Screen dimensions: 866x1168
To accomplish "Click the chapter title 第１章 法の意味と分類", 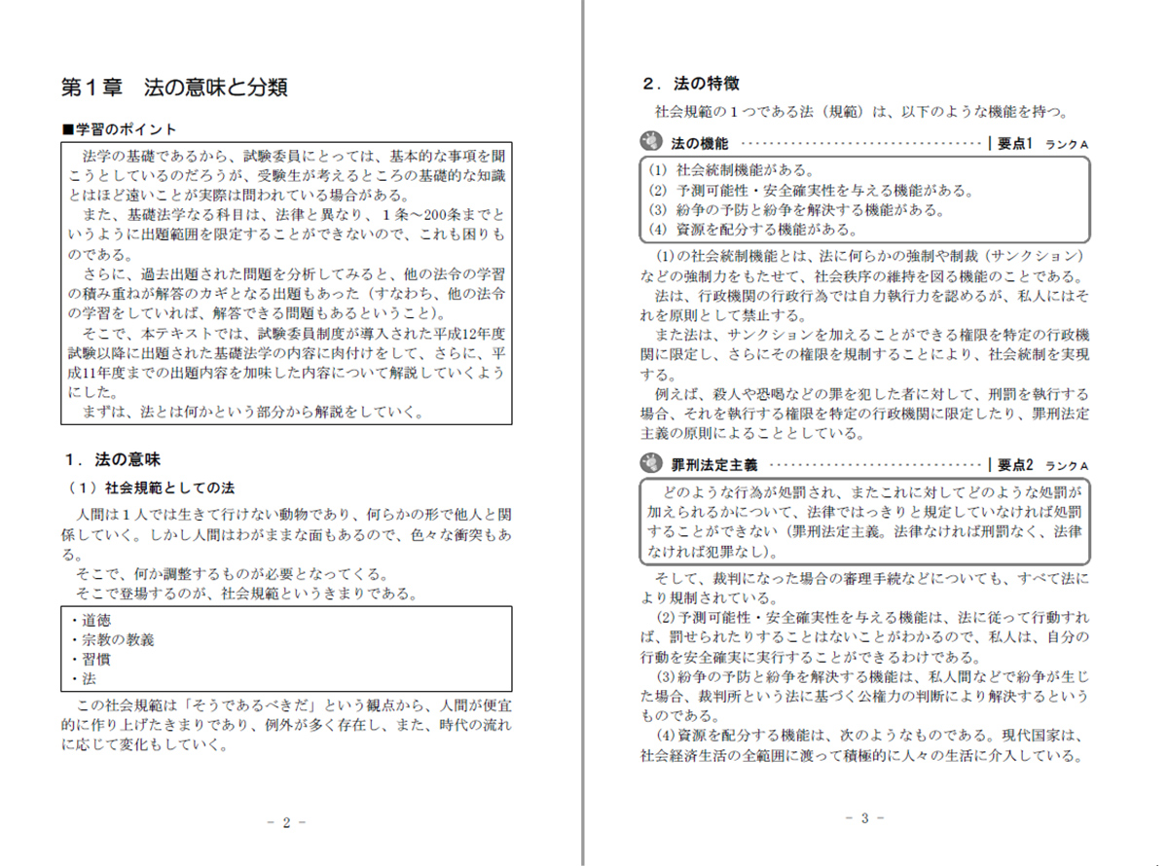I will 174,87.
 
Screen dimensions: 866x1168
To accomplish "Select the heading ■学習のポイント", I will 119,129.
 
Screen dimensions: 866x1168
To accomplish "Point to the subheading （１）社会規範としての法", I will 151,487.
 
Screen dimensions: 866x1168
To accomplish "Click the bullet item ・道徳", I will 91,621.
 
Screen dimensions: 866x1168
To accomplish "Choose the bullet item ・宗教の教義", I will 113,639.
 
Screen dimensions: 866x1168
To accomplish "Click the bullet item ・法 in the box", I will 84,678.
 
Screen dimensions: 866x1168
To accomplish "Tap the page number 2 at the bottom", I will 286,821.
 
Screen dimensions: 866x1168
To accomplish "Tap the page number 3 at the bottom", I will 863,817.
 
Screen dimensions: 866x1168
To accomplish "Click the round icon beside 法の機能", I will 650,142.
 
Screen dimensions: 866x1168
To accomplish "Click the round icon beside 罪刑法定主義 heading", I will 650,464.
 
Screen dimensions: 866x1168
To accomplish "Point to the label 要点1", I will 1013,143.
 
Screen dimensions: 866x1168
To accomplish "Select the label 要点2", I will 1013,465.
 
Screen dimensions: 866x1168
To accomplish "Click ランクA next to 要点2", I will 1067,466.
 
